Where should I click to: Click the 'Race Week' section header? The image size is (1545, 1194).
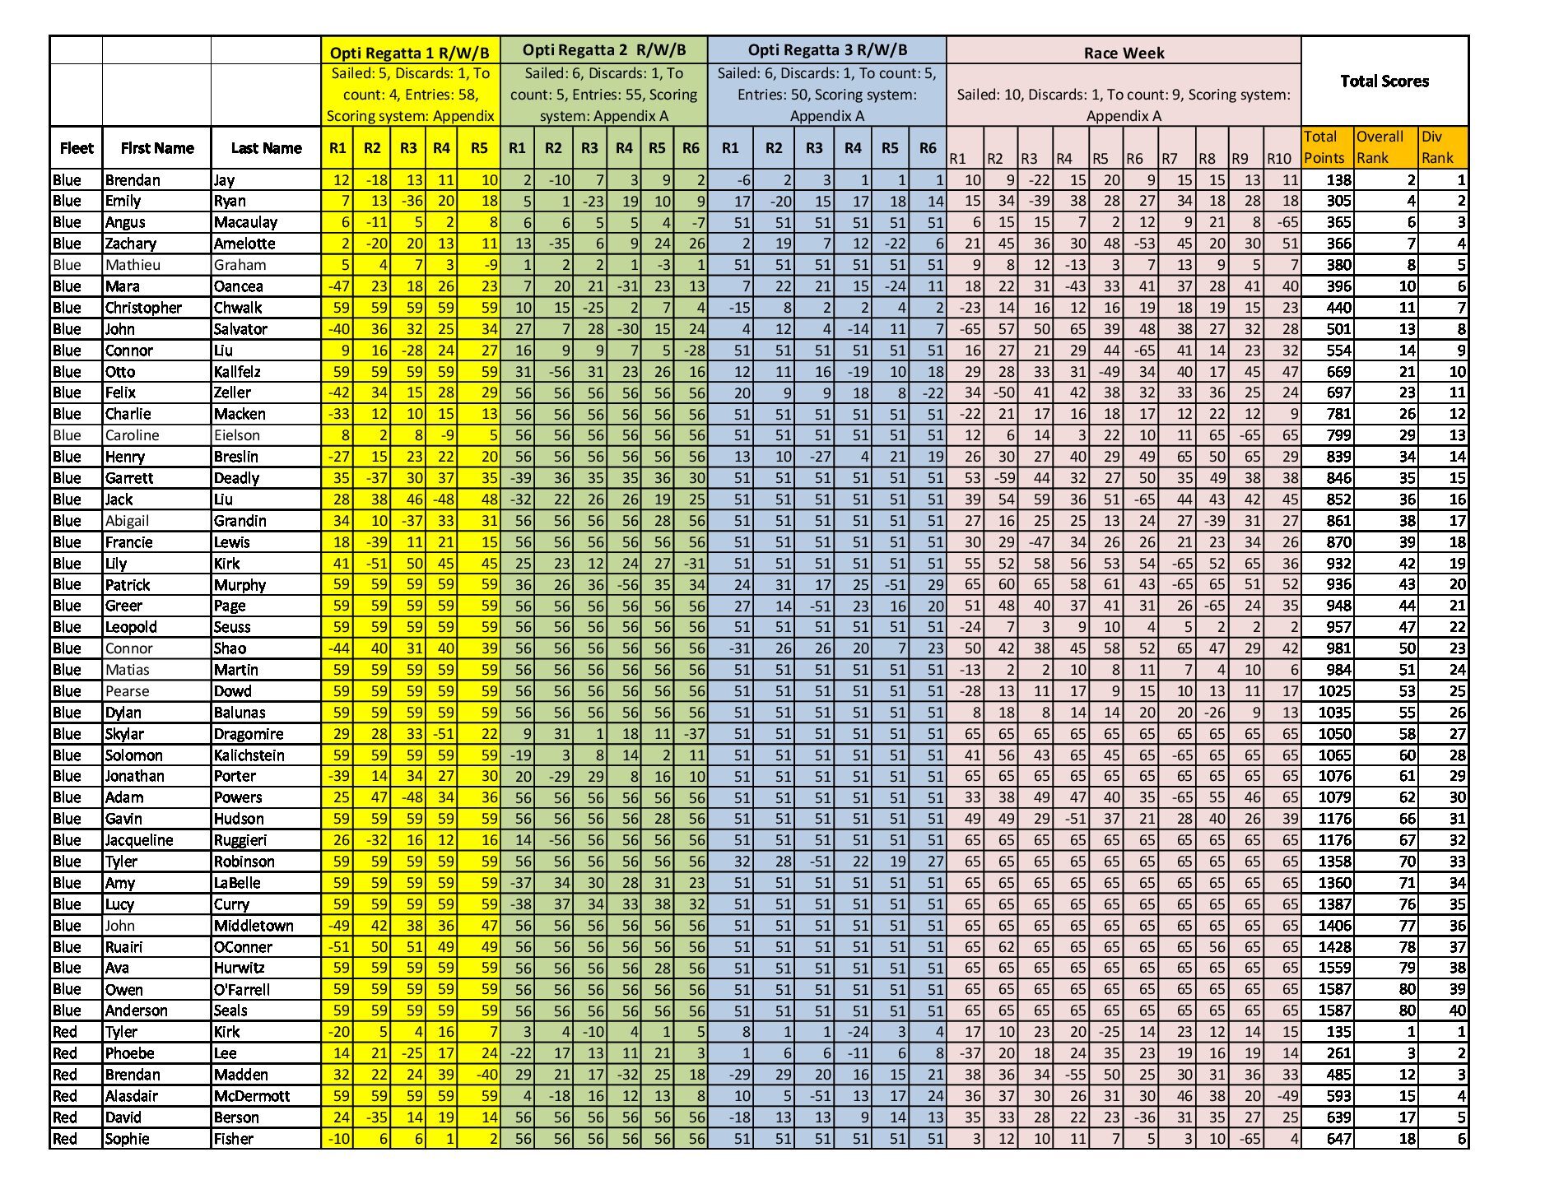(x=1124, y=53)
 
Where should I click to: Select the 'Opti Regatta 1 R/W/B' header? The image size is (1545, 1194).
(x=410, y=53)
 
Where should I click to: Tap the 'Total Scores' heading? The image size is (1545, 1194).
(x=1384, y=81)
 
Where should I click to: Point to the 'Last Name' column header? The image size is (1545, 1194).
(x=266, y=148)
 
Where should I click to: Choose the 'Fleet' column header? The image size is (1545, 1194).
(x=76, y=148)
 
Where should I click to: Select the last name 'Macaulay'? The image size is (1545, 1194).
(x=245, y=222)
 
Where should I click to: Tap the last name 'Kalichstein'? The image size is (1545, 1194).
(x=249, y=755)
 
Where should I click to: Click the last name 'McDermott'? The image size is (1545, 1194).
(x=252, y=1096)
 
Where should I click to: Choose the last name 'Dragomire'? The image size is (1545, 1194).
(x=249, y=734)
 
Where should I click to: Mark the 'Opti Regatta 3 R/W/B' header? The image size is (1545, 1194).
(x=827, y=50)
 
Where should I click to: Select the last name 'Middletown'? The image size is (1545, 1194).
(x=254, y=926)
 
